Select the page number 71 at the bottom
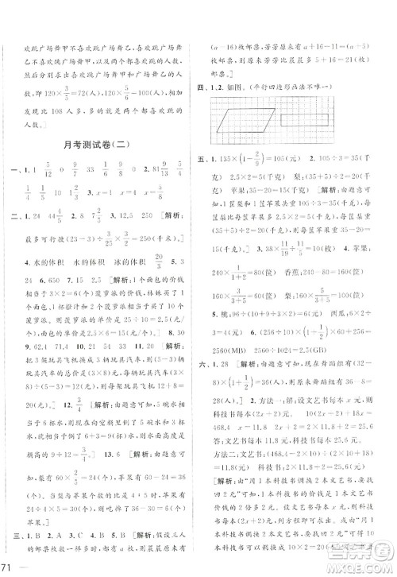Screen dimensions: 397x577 (x=9, y=566)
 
